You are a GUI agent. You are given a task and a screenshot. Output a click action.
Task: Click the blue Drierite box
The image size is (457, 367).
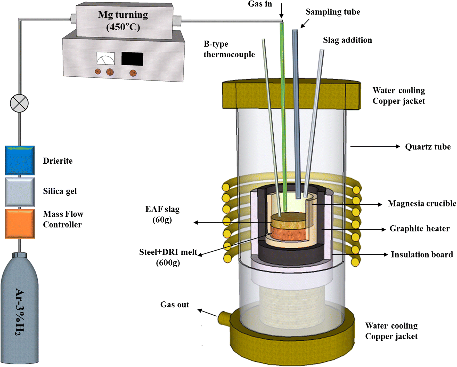pos(20,160)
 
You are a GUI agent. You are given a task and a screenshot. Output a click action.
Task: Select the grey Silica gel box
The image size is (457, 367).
pos(20,192)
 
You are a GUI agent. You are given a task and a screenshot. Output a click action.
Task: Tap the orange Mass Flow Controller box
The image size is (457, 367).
pos(20,224)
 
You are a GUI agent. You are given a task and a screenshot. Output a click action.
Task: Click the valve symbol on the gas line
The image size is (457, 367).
pos(19,103)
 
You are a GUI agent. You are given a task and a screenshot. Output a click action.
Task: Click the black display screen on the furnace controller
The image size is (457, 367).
pos(132,59)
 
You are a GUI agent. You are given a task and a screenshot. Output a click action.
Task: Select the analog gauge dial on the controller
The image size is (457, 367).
pos(105,58)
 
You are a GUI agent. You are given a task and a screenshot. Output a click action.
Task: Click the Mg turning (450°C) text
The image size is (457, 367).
pos(123,21)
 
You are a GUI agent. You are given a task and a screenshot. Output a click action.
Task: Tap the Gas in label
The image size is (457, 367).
pos(260,4)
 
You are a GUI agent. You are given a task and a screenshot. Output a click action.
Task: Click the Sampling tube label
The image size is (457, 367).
pos(333,12)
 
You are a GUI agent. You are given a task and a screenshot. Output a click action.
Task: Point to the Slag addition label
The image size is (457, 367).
pos(347,40)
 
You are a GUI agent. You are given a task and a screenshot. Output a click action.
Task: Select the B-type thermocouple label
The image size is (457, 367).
pos(229,49)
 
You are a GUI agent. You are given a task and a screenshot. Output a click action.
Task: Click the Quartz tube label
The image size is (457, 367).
pos(428,147)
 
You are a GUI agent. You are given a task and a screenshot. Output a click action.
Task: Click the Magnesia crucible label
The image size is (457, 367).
pos(422,203)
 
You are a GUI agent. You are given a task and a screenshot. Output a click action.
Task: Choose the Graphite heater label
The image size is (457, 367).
pos(419,228)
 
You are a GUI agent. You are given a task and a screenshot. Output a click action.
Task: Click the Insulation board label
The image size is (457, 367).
pos(422,254)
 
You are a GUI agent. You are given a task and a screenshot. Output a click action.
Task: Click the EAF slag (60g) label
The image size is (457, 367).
pos(162,214)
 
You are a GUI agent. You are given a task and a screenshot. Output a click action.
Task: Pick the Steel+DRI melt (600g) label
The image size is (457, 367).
pos(168,257)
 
